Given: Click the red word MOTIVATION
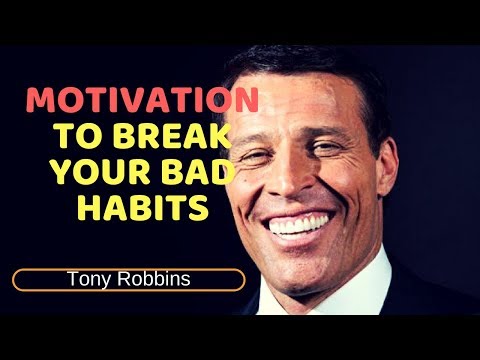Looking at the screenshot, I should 142,101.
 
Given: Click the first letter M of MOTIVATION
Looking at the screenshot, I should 40,101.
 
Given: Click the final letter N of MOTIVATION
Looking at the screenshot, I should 247,101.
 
